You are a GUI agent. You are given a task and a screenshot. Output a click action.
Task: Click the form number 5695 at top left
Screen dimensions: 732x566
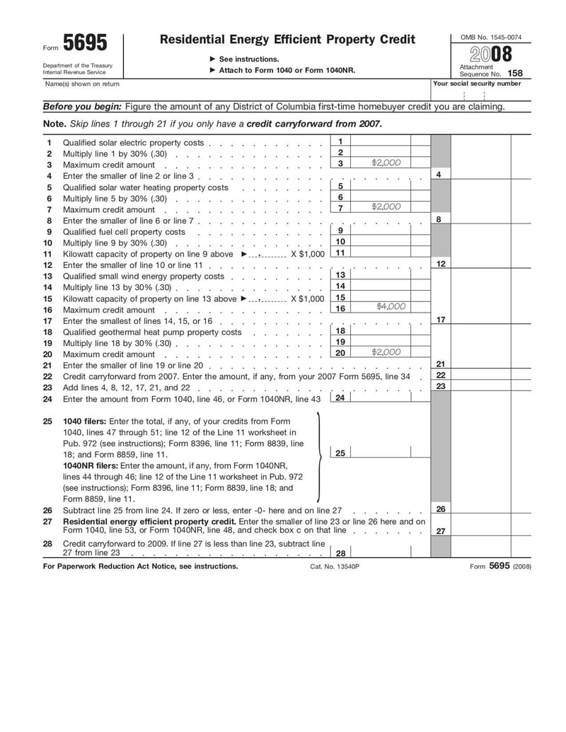coord(85,44)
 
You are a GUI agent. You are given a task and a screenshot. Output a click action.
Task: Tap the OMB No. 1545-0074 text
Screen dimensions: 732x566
coord(491,37)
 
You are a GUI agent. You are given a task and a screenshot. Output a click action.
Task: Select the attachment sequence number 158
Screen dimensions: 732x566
coord(514,73)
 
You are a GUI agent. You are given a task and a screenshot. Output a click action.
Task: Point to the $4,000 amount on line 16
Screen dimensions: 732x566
coord(391,307)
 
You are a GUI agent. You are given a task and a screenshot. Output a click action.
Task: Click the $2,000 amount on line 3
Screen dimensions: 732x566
coord(386,163)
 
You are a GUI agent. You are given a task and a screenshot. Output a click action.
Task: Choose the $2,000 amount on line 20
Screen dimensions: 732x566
coord(386,352)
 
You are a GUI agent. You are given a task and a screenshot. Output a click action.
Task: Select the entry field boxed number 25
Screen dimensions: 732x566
coord(340,453)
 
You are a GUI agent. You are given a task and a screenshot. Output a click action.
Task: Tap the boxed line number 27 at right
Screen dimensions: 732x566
coord(440,532)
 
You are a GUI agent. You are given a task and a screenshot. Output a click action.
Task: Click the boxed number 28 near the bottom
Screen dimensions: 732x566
coord(340,554)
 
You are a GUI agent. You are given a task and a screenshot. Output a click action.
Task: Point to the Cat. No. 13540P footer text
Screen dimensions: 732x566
coord(335,567)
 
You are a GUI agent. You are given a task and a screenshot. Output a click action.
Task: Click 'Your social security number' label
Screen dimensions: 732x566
coord(477,83)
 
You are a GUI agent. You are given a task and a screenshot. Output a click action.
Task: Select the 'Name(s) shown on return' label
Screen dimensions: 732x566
coord(82,84)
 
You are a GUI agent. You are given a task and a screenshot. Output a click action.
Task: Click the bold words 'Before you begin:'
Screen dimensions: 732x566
coord(83,107)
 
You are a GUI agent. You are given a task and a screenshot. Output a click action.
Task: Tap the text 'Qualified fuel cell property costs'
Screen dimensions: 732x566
coord(124,232)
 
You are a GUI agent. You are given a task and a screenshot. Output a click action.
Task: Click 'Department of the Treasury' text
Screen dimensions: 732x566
coord(82,66)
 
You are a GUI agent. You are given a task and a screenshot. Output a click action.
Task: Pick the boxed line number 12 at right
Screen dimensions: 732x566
coord(440,264)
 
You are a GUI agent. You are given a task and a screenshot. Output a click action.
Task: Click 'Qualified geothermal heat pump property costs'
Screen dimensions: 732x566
coord(152,332)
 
